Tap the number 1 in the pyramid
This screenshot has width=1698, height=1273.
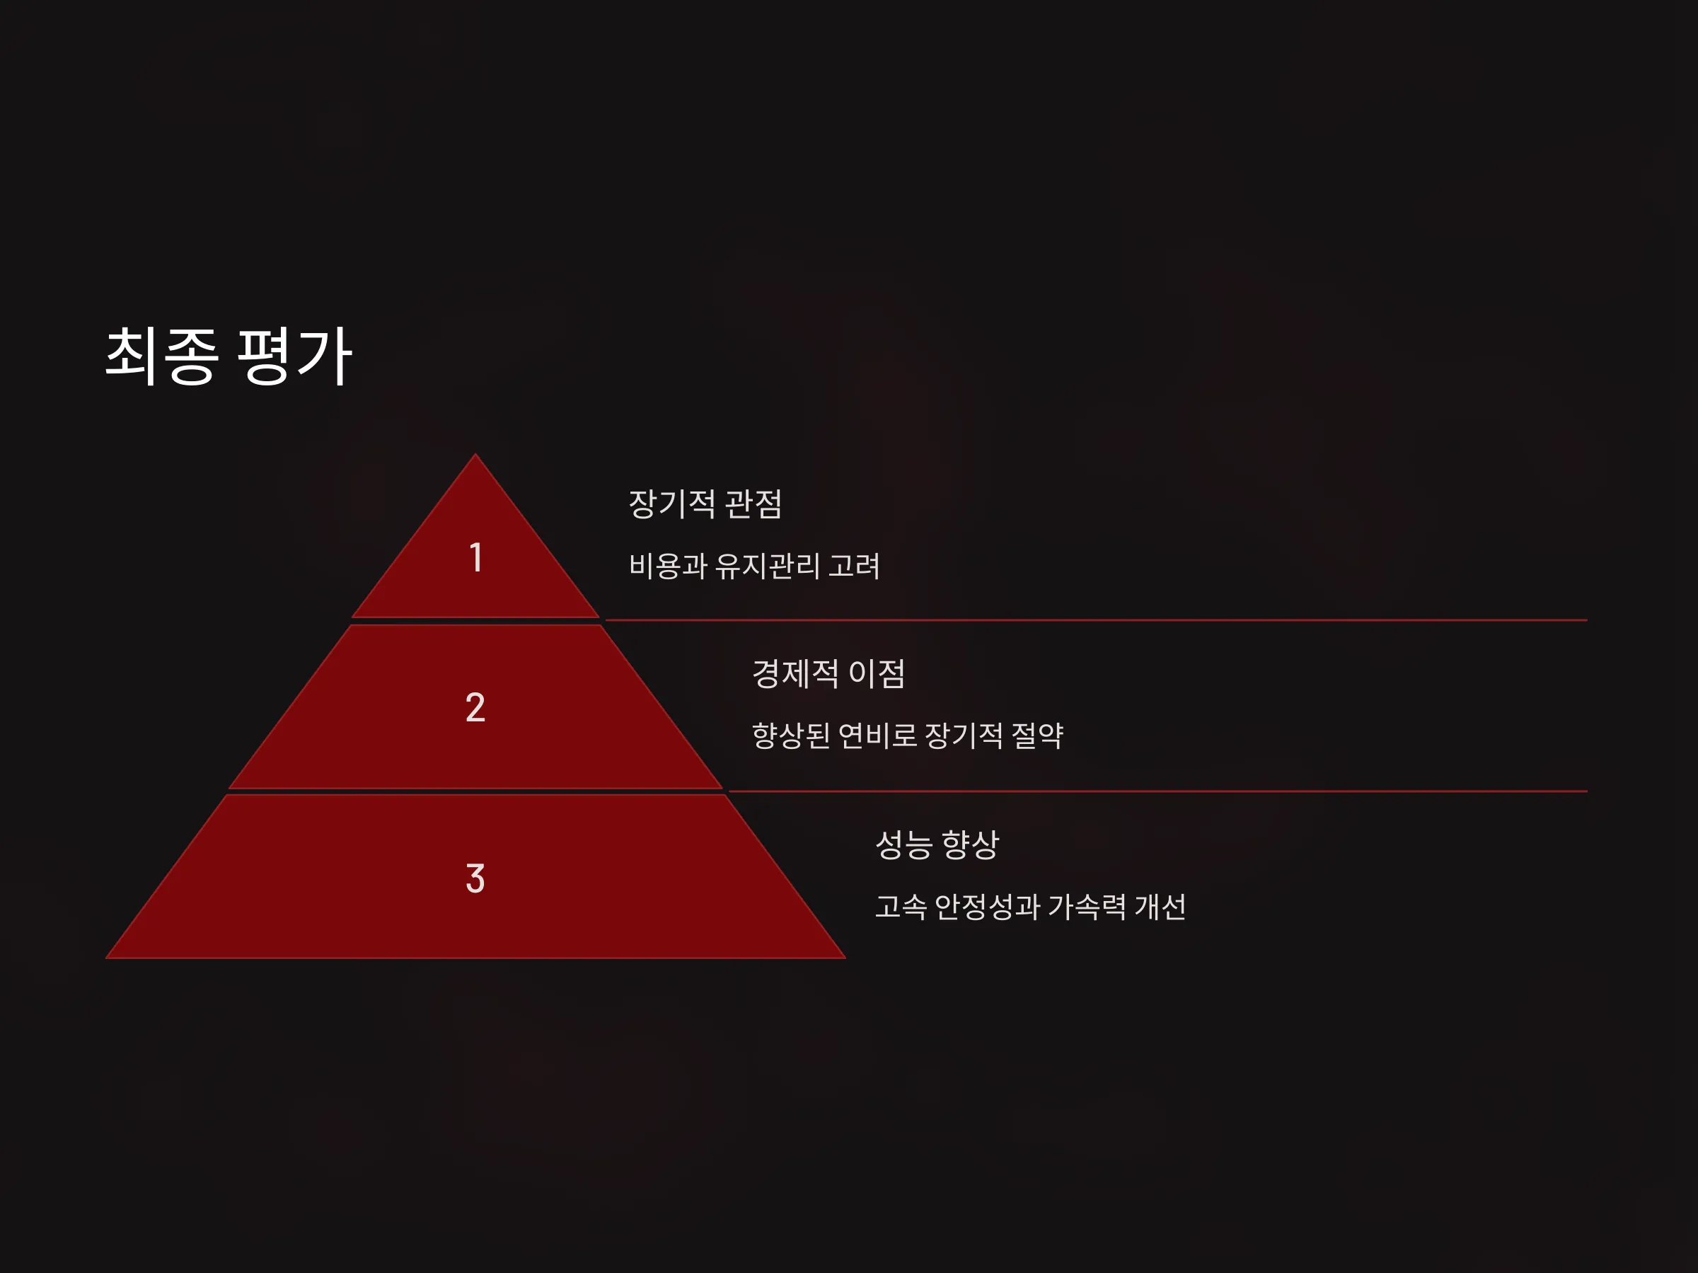click(476, 557)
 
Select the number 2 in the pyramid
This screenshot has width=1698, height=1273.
click(475, 707)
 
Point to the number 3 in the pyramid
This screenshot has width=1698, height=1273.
click(475, 878)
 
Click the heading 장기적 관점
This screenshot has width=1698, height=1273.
click(705, 504)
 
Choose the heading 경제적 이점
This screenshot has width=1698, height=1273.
click(828, 674)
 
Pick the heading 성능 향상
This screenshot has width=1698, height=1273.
click(937, 845)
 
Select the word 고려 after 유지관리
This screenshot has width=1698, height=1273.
click(854, 566)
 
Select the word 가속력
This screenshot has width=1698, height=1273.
click(1087, 907)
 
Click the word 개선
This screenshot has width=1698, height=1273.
click(1160, 907)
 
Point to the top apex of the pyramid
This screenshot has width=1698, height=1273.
click(476, 454)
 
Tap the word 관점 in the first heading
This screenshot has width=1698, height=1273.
click(753, 504)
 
